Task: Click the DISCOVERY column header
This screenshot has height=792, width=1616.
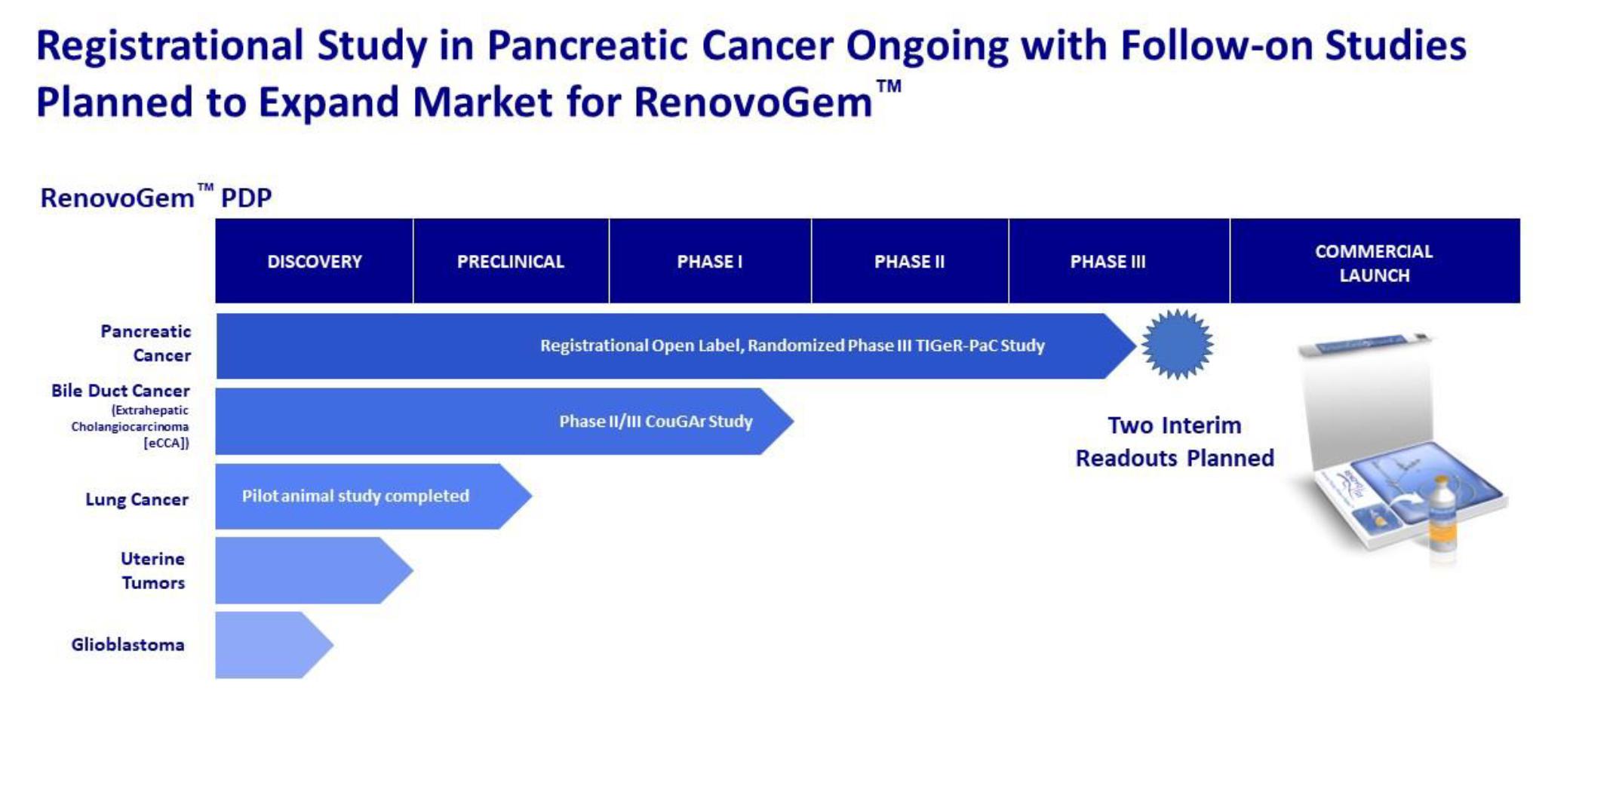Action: [x=314, y=261]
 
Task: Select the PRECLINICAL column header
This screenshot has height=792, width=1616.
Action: [x=511, y=261]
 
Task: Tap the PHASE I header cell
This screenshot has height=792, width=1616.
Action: [x=710, y=261]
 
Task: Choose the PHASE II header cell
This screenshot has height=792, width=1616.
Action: [x=909, y=261]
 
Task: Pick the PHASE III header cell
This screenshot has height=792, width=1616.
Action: [x=1108, y=261]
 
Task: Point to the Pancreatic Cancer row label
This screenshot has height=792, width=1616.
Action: [x=146, y=343]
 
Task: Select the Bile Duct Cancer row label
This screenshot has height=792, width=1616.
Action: [x=121, y=416]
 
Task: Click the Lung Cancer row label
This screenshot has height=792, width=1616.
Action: [x=137, y=499]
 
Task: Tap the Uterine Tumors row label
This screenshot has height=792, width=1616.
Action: [x=153, y=570]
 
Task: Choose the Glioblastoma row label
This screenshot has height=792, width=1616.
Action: [x=127, y=645]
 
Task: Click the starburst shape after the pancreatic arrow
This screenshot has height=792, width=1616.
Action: [x=1177, y=345]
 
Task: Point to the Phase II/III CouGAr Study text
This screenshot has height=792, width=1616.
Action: [x=656, y=421]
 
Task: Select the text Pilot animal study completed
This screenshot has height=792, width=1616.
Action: [x=355, y=496]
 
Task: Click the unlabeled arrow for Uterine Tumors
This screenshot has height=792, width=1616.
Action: [x=314, y=570]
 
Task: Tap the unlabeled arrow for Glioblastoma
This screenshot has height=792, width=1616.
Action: [x=274, y=645]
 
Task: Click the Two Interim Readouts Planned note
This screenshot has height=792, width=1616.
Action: [x=1175, y=441]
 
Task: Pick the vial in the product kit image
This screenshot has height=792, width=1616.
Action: [x=1442, y=520]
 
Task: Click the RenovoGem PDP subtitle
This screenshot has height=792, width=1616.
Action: [x=156, y=197]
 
